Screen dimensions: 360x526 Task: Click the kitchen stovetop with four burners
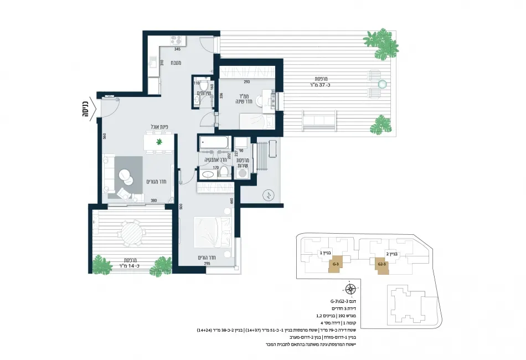(x=177, y=40)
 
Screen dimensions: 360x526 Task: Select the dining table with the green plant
(x=159, y=142)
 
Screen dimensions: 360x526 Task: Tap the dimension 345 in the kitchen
(x=178, y=49)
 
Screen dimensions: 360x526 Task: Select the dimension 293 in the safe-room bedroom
(x=247, y=82)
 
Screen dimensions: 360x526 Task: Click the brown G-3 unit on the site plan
(x=335, y=265)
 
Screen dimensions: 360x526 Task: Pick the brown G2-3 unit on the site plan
(x=381, y=265)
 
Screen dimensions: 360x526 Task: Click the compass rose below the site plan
(x=350, y=289)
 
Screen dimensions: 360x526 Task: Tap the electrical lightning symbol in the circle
(x=269, y=194)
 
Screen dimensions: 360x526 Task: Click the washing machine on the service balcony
(x=243, y=174)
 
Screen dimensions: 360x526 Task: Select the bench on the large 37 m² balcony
(x=319, y=120)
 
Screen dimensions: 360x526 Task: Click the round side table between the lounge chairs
(x=381, y=84)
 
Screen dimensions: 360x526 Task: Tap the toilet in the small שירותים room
(x=203, y=86)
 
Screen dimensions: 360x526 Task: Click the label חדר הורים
(x=205, y=258)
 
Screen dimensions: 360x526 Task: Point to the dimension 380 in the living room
(x=154, y=200)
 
